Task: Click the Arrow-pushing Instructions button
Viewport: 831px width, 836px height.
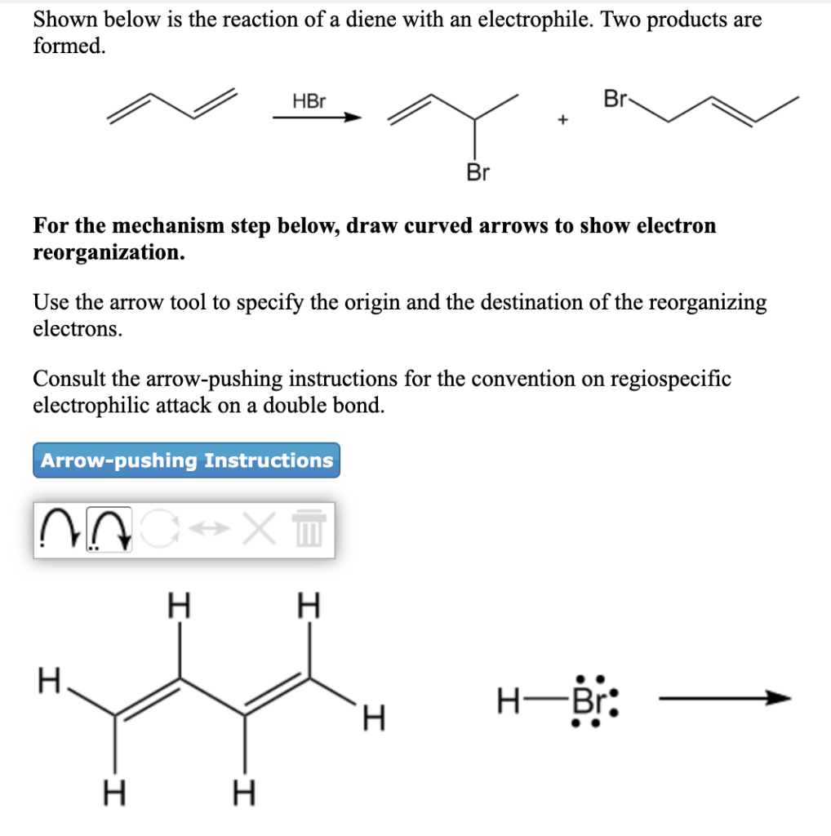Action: (x=187, y=460)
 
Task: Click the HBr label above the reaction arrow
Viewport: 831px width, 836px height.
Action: (x=309, y=102)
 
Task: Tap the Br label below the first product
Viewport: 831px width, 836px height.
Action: (x=478, y=172)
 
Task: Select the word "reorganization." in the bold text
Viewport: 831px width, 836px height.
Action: (x=109, y=252)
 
